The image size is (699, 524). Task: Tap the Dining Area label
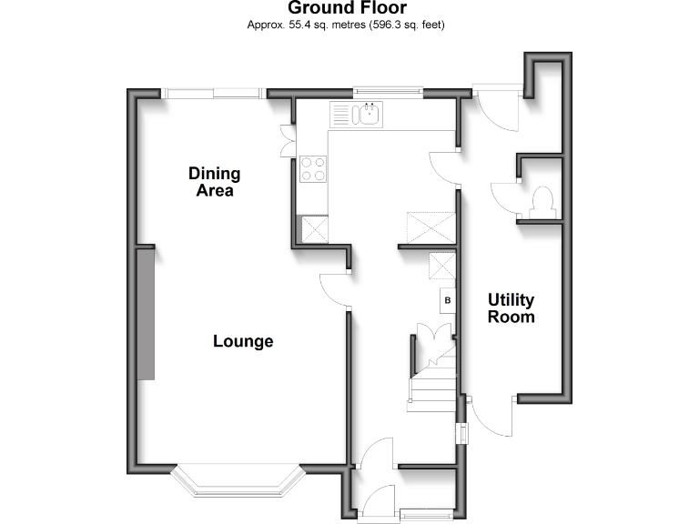point(214,182)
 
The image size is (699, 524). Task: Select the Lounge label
point(243,342)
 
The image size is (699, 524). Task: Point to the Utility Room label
point(511,308)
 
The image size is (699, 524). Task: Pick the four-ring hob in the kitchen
point(312,168)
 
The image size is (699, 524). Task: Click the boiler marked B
point(447,299)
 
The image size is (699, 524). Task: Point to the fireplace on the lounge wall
point(146,313)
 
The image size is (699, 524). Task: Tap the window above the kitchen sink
point(388,89)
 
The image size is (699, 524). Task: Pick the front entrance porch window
point(426,514)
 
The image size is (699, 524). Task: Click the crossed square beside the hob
point(315,228)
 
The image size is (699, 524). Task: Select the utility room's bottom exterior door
point(491,419)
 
